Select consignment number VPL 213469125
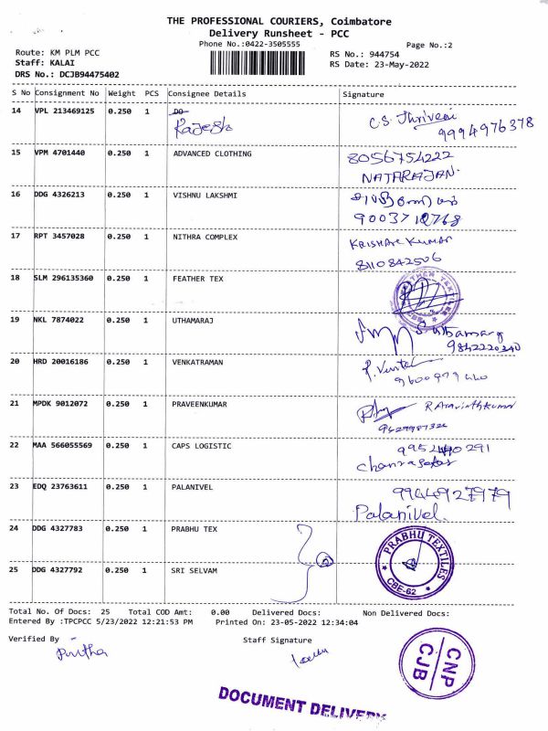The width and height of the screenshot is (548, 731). [x=64, y=111]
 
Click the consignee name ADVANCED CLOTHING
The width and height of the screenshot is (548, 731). [x=212, y=154]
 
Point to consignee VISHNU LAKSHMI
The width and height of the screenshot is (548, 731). [x=205, y=195]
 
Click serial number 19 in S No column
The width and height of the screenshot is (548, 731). [x=16, y=320]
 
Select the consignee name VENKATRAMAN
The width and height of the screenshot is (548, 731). [x=200, y=362]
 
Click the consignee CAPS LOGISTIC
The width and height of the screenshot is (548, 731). [x=202, y=446]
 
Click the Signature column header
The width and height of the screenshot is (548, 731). [x=363, y=93]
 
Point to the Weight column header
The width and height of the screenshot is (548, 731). [x=121, y=93]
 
